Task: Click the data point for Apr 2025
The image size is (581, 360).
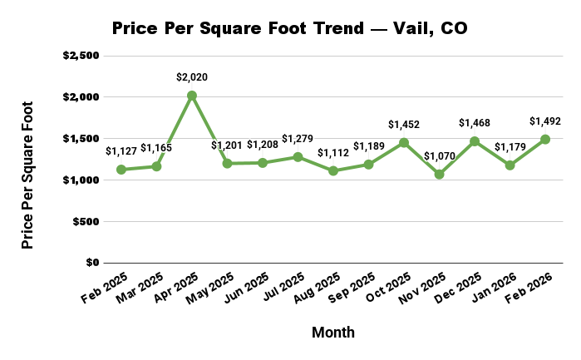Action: coord(192,96)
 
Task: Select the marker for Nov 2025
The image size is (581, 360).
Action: coord(439,175)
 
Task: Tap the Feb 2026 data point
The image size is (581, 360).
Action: coord(545,140)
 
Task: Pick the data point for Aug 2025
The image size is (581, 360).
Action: coord(333,171)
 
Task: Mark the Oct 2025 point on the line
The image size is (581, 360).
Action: coord(404,143)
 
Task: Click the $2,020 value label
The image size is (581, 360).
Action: coord(192,77)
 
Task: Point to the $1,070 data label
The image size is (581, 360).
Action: coord(439,155)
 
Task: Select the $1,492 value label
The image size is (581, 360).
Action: coord(545,121)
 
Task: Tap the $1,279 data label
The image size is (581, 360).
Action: coord(298,138)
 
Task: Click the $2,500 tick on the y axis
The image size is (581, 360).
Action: coord(81,56)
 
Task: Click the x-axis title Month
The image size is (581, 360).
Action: coord(333,333)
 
